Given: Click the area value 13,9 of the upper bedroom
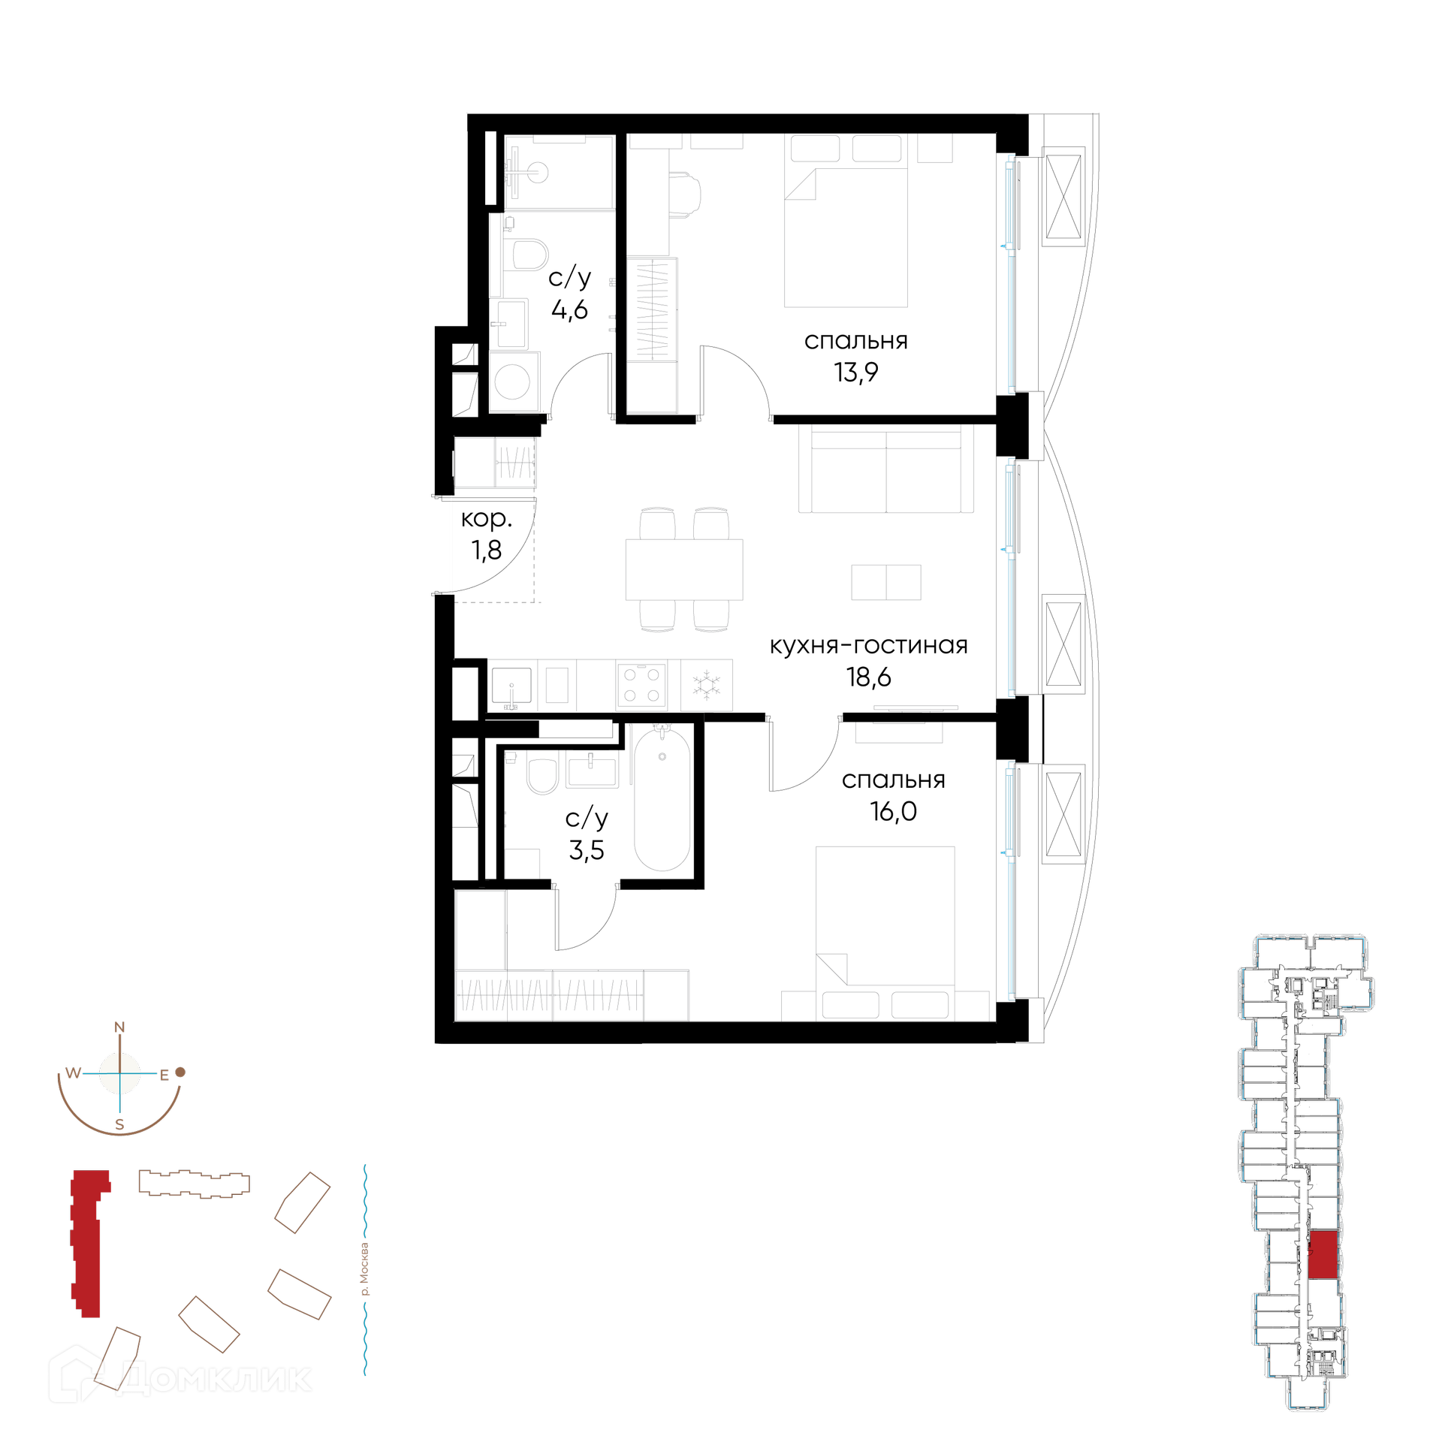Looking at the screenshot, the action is click(855, 373).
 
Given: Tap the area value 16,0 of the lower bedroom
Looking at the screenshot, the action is click(893, 812).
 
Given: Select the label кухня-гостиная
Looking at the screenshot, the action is click(868, 646).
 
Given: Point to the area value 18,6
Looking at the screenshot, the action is click(868, 677).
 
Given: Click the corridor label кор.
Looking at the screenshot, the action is click(486, 519).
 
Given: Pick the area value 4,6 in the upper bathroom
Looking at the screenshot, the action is click(569, 309).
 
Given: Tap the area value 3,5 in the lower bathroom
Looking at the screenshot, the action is click(587, 850).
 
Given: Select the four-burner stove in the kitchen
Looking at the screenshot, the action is click(641, 685).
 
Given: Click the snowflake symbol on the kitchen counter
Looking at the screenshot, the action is click(706, 685).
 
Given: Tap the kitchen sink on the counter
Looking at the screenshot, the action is click(511, 685).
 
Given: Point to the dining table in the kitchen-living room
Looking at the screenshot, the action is click(684, 569).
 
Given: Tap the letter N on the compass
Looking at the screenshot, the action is click(119, 1027).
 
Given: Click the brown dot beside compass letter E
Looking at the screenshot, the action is click(180, 1072).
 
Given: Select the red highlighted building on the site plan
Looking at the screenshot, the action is click(89, 1243).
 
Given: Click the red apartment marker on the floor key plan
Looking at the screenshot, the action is click(1323, 1254).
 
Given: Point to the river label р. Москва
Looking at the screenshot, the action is click(364, 1269).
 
